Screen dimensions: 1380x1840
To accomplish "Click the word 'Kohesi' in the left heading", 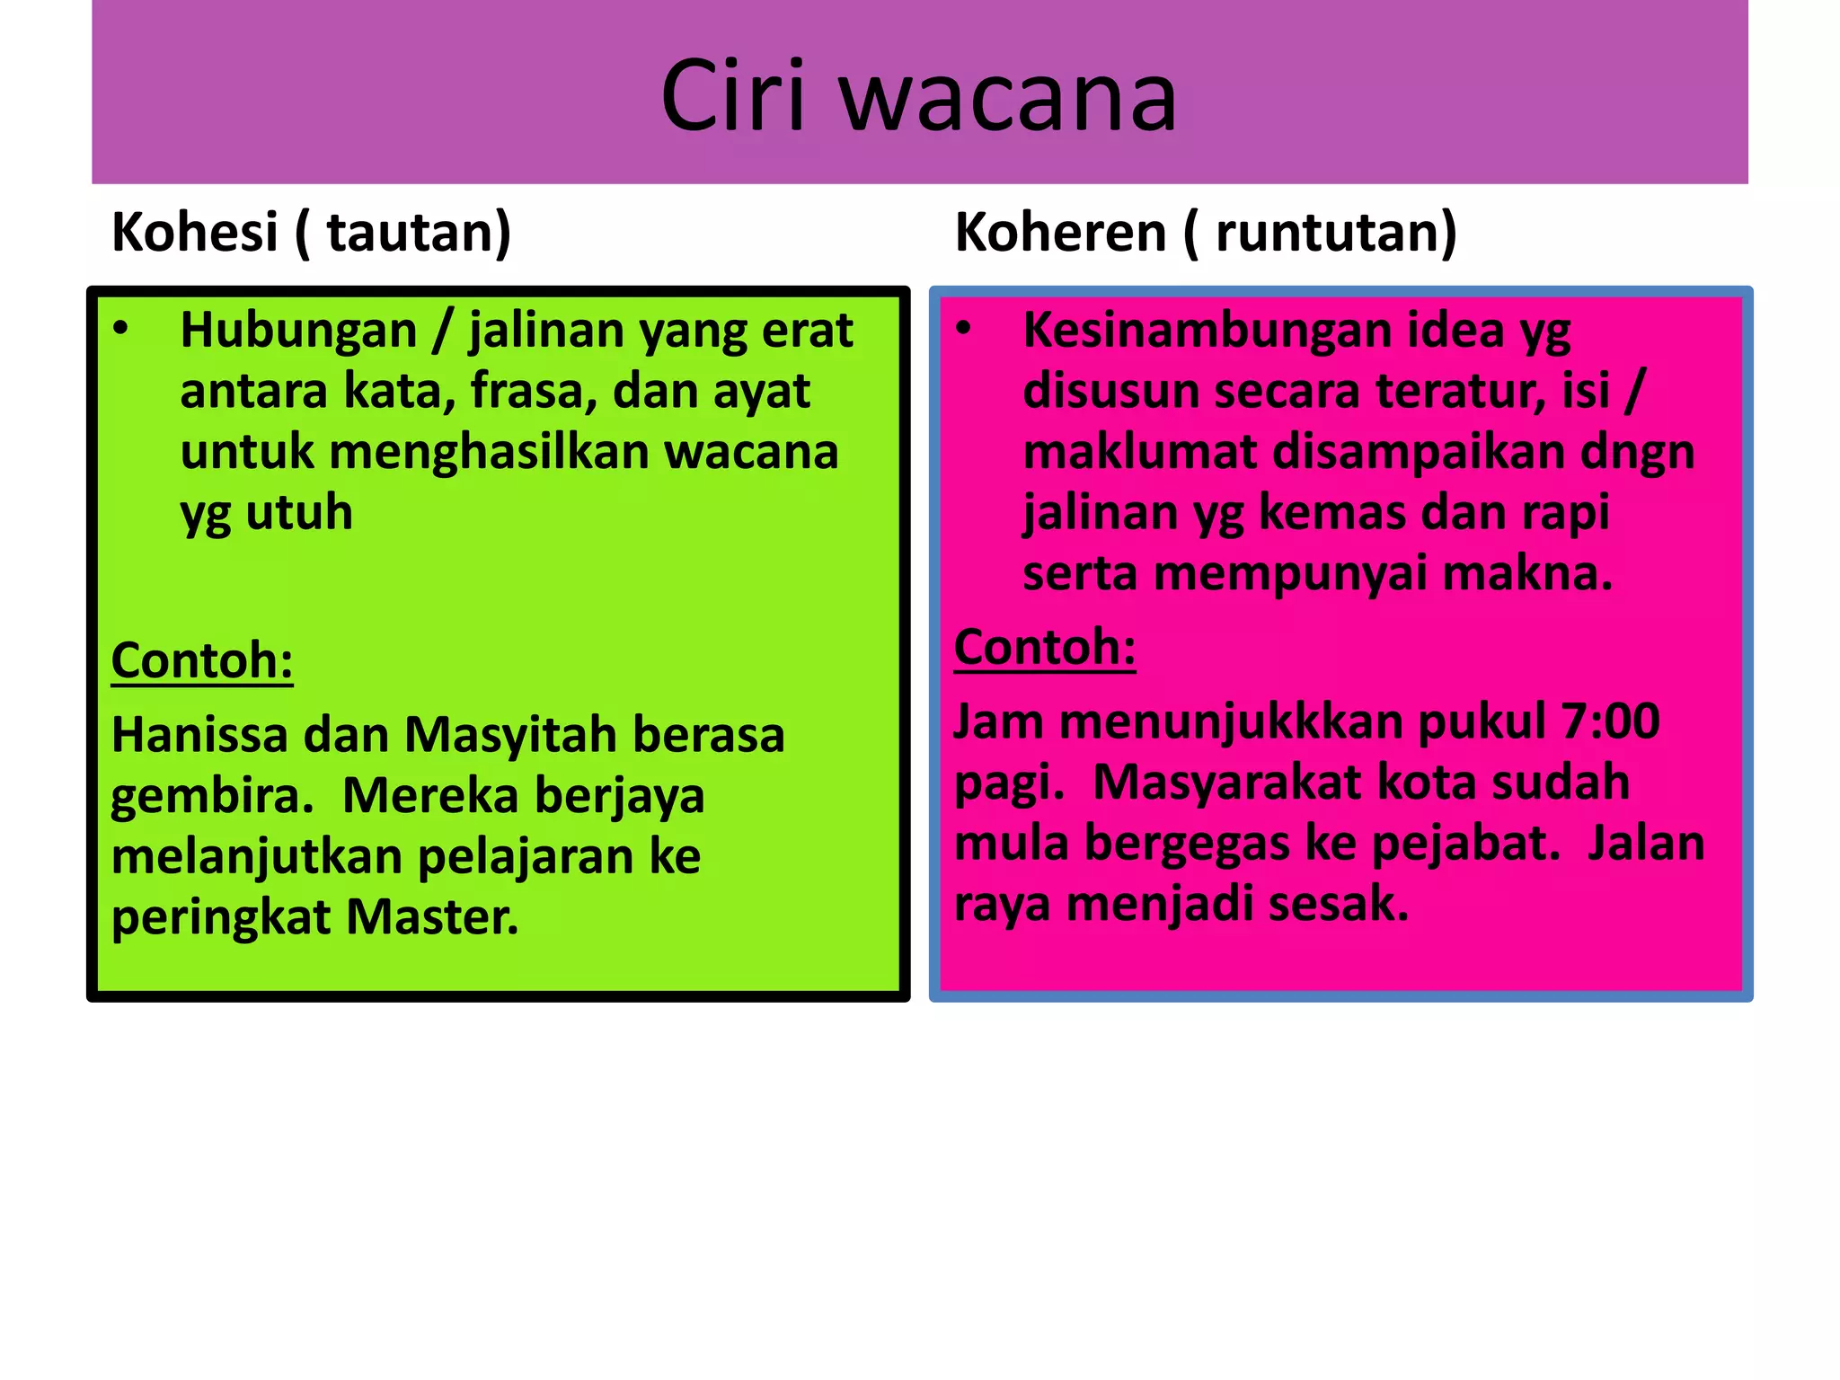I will click(194, 232).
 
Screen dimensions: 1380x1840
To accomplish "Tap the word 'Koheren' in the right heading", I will click(1060, 232).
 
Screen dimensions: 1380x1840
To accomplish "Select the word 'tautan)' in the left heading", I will click(418, 232).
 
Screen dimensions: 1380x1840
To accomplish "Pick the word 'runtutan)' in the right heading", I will click(1336, 232).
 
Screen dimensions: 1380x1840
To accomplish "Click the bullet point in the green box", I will click(120, 329).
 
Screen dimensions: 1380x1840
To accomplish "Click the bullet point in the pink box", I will click(963, 329).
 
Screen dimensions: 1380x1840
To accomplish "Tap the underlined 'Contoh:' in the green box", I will click(202, 660).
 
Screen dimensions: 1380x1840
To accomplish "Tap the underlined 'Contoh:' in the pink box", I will click(1045, 647).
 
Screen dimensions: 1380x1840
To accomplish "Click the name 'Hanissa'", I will click(199, 735).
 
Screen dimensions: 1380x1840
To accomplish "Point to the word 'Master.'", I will click(432, 917).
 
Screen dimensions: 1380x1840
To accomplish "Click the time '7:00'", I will click(1610, 721).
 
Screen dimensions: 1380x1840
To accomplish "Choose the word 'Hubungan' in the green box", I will click(298, 330).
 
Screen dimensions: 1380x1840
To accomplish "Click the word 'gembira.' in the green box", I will click(212, 796).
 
